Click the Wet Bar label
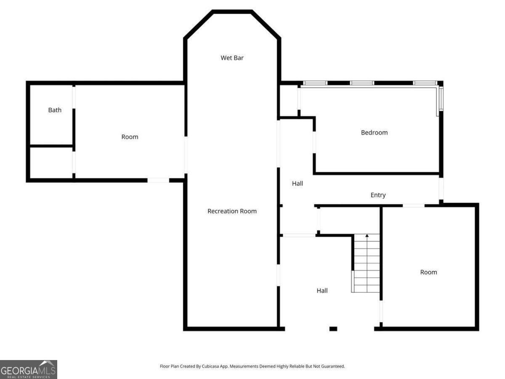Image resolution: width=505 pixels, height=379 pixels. [x=232, y=58]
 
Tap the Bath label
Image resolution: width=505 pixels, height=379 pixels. [x=55, y=110]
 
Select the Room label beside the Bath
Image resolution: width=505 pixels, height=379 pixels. [x=130, y=137]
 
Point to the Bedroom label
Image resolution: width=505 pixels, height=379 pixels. [x=374, y=132]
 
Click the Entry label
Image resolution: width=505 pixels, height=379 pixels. [x=378, y=195]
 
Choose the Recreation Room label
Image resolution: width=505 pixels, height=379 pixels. [x=232, y=211]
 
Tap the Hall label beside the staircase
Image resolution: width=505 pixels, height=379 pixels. [x=322, y=290]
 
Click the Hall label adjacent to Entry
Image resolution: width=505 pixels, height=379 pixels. [x=298, y=184]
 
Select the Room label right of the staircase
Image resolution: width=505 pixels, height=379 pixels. [x=428, y=272]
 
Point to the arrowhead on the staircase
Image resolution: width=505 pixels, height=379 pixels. [x=367, y=236]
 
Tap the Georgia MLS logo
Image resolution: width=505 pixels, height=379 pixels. [x=28, y=369]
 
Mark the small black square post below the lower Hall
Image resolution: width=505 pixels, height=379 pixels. [x=333, y=328]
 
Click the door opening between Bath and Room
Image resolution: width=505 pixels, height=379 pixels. [x=74, y=97]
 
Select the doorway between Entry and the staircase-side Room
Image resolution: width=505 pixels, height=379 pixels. [x=414, y=206]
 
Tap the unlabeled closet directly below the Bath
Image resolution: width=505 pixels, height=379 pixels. [x=51, y=163]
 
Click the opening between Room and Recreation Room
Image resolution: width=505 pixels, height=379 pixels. [x=186, y=155]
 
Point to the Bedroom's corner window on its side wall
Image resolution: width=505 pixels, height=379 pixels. [x=441, y=98]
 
